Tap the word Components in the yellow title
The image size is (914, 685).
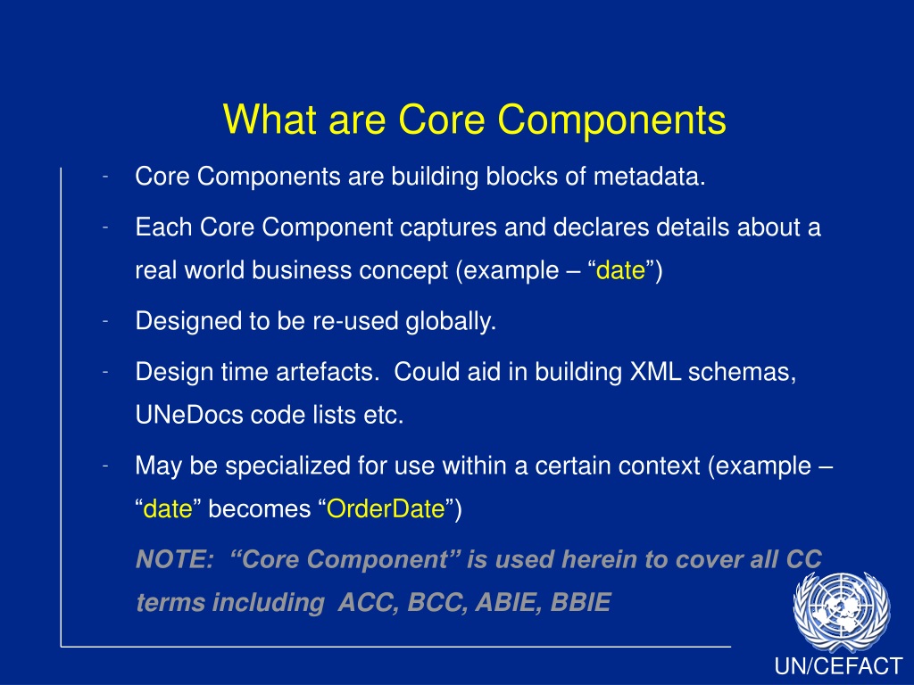(x=611, y=121)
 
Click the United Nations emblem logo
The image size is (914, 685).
(x=841, y=611)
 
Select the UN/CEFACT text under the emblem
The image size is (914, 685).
(x=838, y=666)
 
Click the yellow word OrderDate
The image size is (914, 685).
(x=386, y=508)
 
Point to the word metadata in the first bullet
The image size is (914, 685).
(x=649, y=176)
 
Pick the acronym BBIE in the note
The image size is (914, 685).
(x=580, y=602)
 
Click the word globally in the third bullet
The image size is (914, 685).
(x=451, y=321)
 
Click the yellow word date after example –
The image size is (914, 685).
(x=620, y=270)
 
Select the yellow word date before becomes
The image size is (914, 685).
(x=167, y=508)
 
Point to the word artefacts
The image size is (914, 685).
(x=328, y=372)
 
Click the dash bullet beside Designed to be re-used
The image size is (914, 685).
(x=105, y=321)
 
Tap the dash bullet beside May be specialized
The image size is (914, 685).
(x=105, y=466)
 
